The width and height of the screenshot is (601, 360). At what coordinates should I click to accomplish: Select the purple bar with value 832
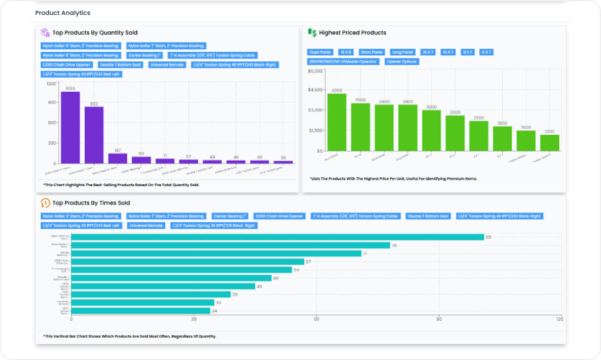pos(94,135)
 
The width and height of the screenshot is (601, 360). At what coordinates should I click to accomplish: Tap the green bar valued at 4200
pos(337,122)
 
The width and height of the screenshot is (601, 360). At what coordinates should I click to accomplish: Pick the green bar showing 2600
pos(455,133)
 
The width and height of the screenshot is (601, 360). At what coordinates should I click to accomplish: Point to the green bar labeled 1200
pos(549,143)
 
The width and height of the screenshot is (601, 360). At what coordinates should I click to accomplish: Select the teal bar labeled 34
pos(141,311)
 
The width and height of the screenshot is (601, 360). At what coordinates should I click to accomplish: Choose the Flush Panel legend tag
pos(320,52)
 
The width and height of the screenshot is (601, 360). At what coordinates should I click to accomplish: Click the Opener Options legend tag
pos(402,62)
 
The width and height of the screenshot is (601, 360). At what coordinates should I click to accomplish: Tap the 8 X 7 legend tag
pos(486,52)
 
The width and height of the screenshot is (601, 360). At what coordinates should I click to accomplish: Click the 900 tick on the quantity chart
pos(51,102)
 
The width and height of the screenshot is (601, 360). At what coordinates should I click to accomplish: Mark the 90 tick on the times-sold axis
pos(439,319)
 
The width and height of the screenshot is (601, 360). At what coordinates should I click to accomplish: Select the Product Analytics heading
pos(62,12)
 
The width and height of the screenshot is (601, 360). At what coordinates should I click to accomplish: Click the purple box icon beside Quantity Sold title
pos(45,33)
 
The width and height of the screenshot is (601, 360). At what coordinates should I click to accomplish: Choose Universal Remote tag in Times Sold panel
pos(146,225)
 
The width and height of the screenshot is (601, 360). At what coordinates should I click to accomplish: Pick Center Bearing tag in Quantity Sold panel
pos(144,55)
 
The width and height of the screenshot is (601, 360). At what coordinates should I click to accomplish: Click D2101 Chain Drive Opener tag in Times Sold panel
pos(279,216)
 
